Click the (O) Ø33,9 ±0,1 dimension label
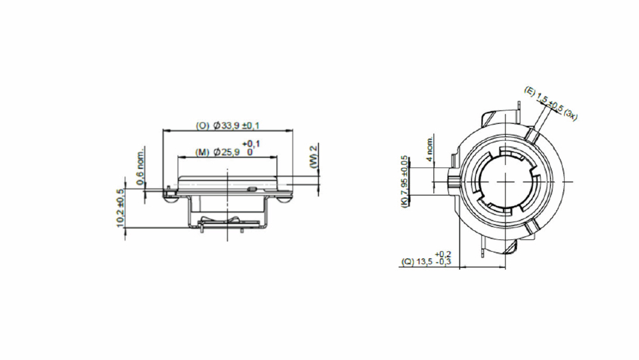tap(228, 125)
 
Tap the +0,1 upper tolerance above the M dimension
tap(251, 143)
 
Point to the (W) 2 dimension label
tap(313, 156)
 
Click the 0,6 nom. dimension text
tap(141, 167)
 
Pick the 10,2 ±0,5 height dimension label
tap(120, 208)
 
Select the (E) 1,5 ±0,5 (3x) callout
tap(551, 104)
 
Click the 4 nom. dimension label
tap(429, 149)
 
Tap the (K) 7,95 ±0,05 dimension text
tap(404, 182)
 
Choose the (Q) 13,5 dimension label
tap(417, 262)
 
